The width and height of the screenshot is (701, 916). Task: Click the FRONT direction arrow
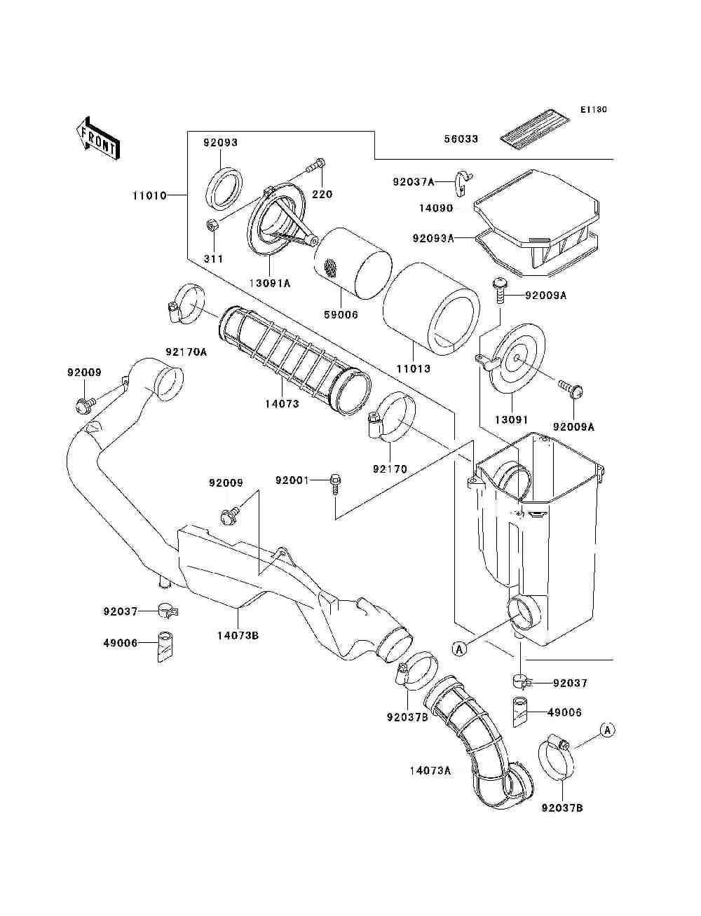point(97,138)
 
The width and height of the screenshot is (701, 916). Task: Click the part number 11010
point(149,195)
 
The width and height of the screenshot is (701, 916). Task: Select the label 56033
point(461,139)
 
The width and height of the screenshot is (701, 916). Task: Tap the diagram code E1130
point(593,110)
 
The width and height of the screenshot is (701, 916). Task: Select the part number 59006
point(341,314)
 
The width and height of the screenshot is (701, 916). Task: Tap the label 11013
point(413,368)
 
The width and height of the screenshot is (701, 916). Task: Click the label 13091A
point(269,283)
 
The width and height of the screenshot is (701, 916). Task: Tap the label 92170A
point(186,352)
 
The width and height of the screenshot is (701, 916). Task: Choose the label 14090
point(436,208)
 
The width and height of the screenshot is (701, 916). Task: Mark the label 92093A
point(433,238)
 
